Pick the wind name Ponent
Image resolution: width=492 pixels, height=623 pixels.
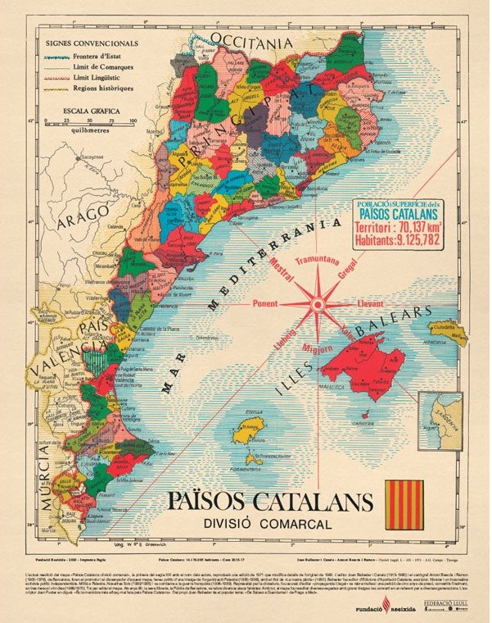coord(265,302)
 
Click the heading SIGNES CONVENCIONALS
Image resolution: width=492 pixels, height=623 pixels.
coord(92,40)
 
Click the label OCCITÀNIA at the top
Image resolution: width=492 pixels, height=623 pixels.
coord(251,40)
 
